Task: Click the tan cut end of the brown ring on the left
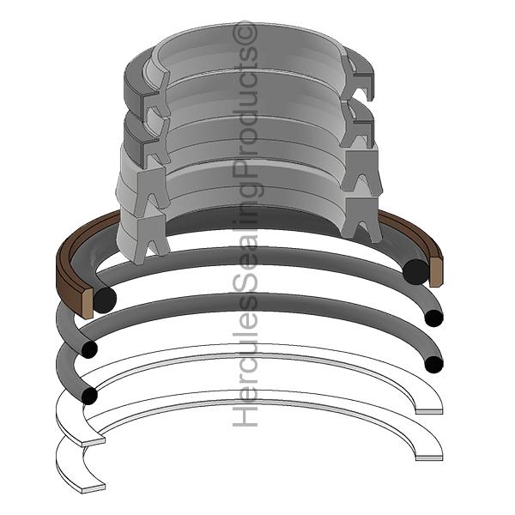pos(87,303)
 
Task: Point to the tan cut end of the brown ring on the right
pos(435,270)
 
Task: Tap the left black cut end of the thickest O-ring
pos(105,300)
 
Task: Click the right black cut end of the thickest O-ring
pos(415,271)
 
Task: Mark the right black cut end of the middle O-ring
pos(433,318)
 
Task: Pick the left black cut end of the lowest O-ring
pos(88,395)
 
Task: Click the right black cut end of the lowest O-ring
pos(433,364)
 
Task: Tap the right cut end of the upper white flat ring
pos(429,411)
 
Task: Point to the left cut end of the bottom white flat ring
pos(92,488)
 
